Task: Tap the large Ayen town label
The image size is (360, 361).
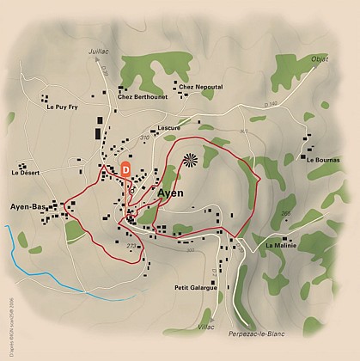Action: click(172, 193)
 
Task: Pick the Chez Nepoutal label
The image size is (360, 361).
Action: click(198, 87)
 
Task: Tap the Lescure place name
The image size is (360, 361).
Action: click(168, 127)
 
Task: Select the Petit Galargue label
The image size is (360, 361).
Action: click(195, 287)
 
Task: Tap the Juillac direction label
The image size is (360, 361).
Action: click(101, 52)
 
